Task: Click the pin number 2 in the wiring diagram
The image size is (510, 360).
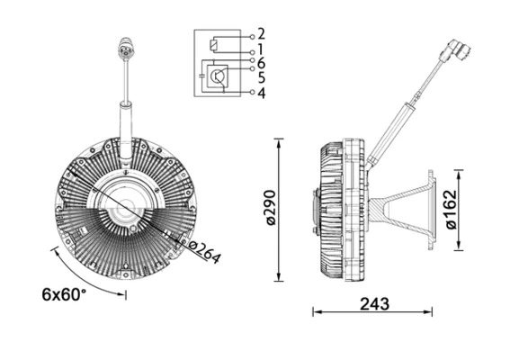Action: click(261, 34)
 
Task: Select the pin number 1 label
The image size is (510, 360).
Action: click(261, 49)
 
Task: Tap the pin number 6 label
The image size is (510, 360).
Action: click(261, 63)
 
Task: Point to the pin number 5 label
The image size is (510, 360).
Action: click(261, 77)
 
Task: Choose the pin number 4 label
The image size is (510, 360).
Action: click(261, 92)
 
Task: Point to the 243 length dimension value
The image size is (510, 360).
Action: click(373, 303)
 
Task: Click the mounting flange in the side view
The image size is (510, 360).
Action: click(429, 209)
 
